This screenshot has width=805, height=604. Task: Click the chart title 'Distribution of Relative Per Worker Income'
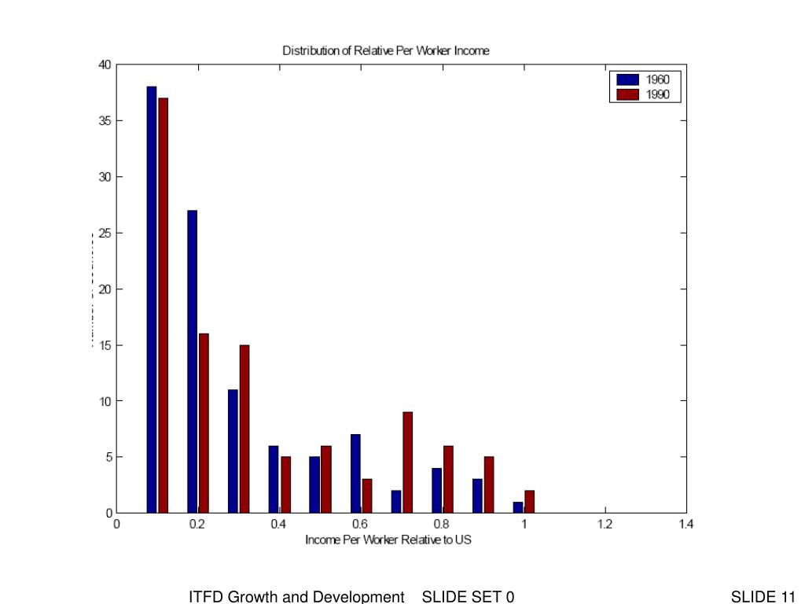pyautogui.click(x=385, y=51)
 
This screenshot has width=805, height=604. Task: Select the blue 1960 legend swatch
pyautogui.click(x=627, y=79)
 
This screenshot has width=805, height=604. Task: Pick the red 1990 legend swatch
pyautogui.click(x=627, y=94)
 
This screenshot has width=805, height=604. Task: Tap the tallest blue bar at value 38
pyautogui.click(x=151, y=299)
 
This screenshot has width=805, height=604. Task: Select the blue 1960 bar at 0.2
pyautogui.click(x=192, y=361)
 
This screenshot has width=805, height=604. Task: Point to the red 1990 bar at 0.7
pyautogui.click(x=407, y=462)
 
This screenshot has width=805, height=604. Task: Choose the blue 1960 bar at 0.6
pyautogui.click(x=355, y=473)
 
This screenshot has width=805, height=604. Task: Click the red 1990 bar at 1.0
pyautogui.click(x=529, y=501)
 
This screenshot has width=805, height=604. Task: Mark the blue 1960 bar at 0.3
pyautogui.click(x=233, y=451)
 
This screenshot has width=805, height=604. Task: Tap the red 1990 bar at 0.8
pyautogui.click(x=448, y=479)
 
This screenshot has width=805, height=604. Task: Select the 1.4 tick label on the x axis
pyautogui.click(x=686, y=524)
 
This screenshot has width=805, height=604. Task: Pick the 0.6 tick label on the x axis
pyautogui.click(x=361, y=524)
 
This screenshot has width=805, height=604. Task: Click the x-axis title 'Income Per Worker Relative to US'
pyautogui.click(x=388, y=540)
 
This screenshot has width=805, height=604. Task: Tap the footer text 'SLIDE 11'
pyautogui.click(x=763, y=597)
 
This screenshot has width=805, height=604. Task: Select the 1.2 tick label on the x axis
pyautogui.click(x=604, y=524)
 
